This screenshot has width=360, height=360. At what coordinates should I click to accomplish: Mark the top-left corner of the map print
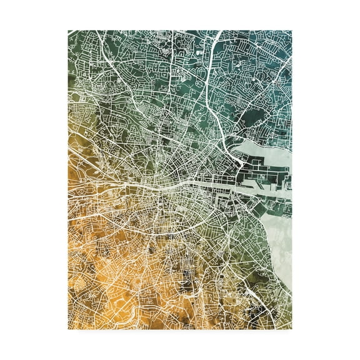[x=68, y=30]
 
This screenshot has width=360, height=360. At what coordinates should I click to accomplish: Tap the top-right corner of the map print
[x=292, y=30]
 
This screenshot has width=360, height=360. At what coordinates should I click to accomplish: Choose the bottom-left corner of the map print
[x=68, y=329]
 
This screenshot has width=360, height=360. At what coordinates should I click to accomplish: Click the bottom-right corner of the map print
[x=292, y=329]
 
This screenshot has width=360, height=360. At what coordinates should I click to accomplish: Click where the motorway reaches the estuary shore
[x=241, y=159]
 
